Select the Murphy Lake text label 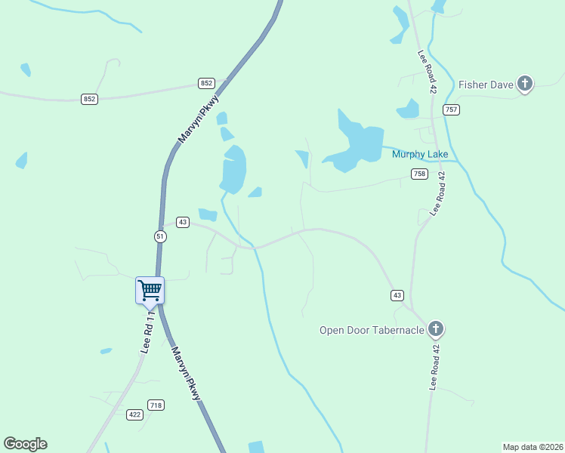point(420,155)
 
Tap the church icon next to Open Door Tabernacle point(435,328)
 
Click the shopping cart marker point(150,290)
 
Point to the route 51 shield point(160,236)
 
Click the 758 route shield point(420,174)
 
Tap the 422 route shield point(135,414)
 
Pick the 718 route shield point(156,405)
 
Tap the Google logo point(25,444)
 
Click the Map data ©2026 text point(533,446)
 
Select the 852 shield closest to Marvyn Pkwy point(207,83)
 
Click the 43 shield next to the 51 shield point(183,222)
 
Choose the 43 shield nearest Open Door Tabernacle point(397,294)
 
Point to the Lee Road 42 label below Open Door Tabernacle point(434,368)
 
